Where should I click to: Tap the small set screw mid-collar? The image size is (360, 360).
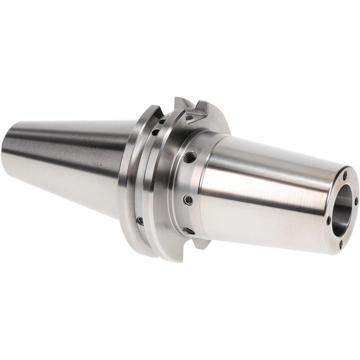click(x=188, y=199)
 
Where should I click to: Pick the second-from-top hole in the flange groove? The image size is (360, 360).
click(x=155, y=132)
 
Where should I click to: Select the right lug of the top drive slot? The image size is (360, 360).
click(x=202, y=107)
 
